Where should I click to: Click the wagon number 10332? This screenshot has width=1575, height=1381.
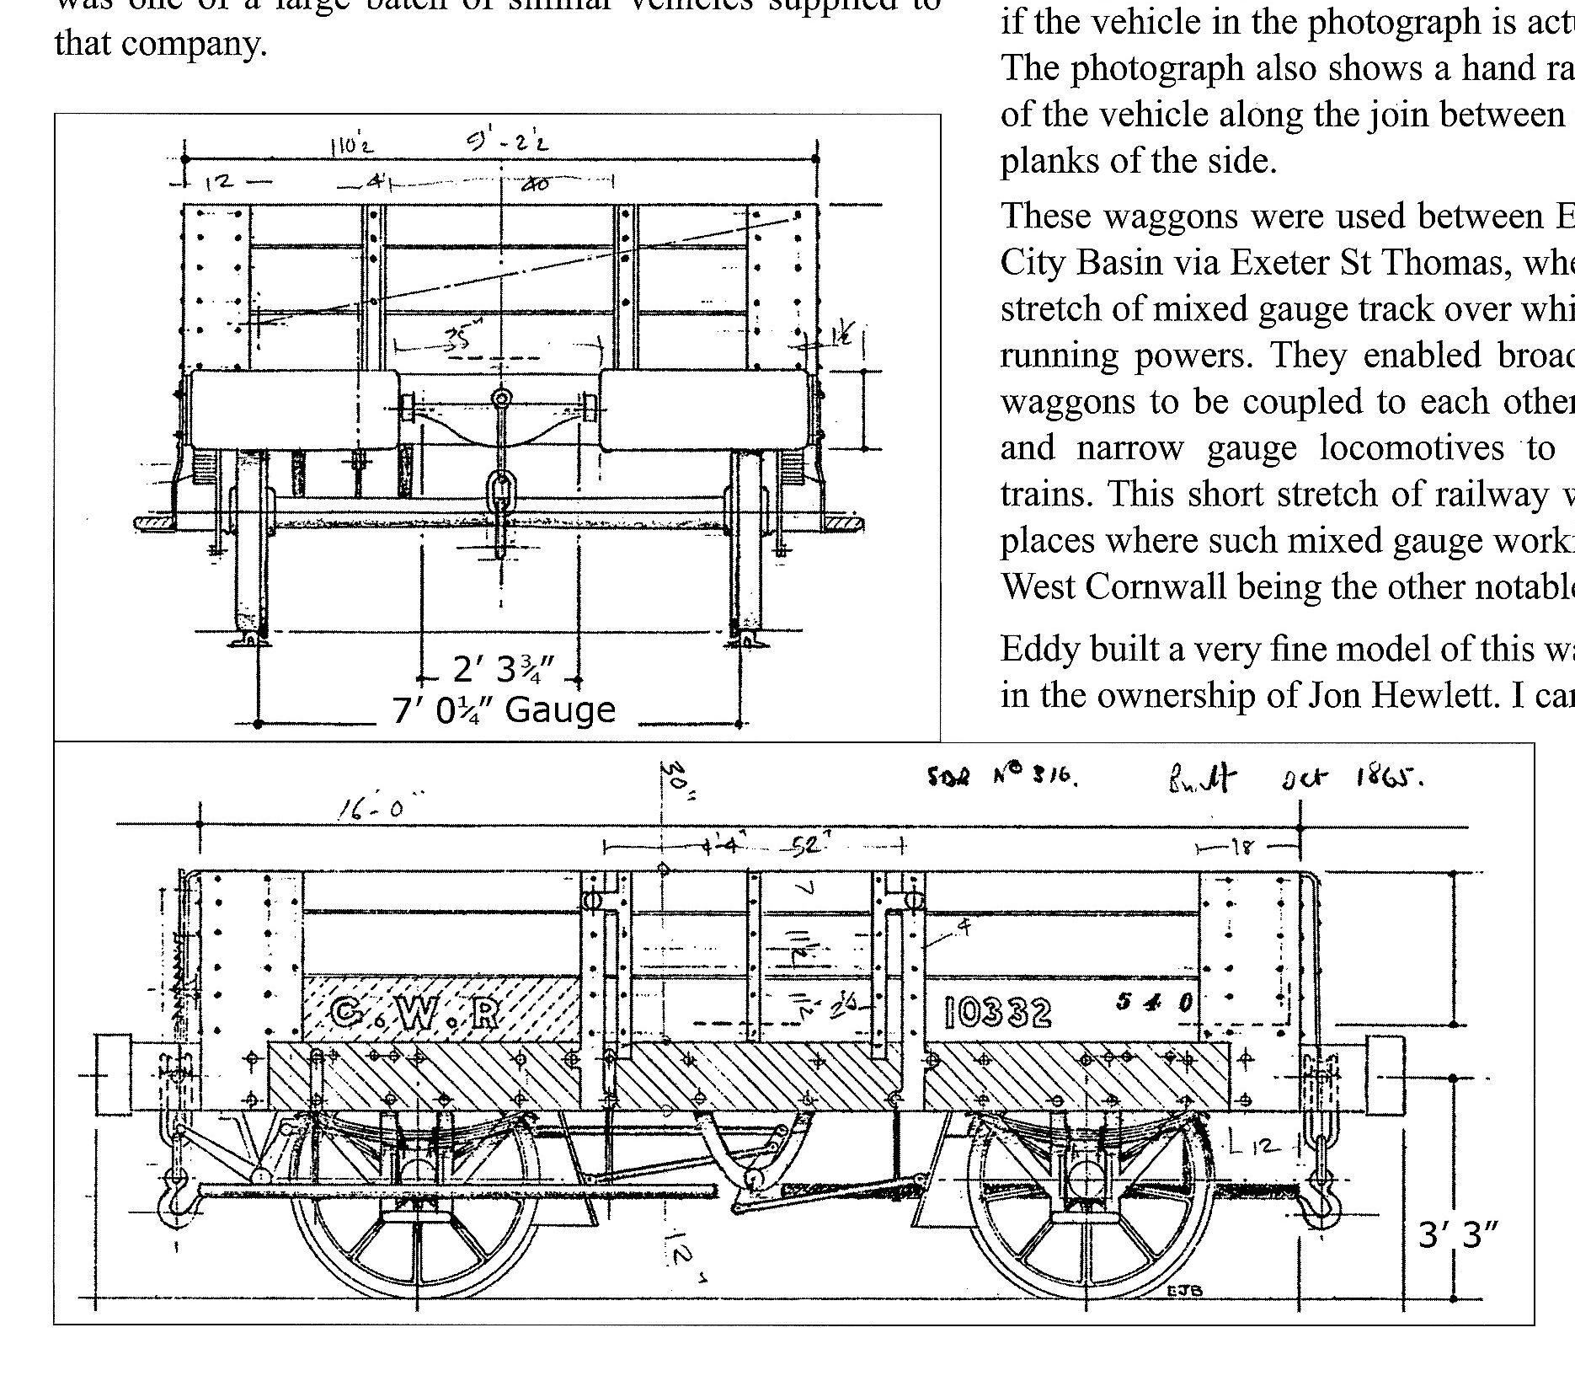coord(998,1012)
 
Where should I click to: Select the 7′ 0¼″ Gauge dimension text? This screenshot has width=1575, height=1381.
coord(504,709)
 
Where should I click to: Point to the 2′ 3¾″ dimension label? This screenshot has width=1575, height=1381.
coord(503,670)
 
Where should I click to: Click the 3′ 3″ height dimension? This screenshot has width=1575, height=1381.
coord(1459,1235)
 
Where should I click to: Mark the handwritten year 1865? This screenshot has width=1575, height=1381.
coord(1389,778)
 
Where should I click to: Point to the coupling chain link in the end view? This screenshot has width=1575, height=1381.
coord(501,489)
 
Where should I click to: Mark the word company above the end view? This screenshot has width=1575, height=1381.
coord(195,42)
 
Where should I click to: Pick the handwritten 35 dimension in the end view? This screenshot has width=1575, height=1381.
coord(459,336)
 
